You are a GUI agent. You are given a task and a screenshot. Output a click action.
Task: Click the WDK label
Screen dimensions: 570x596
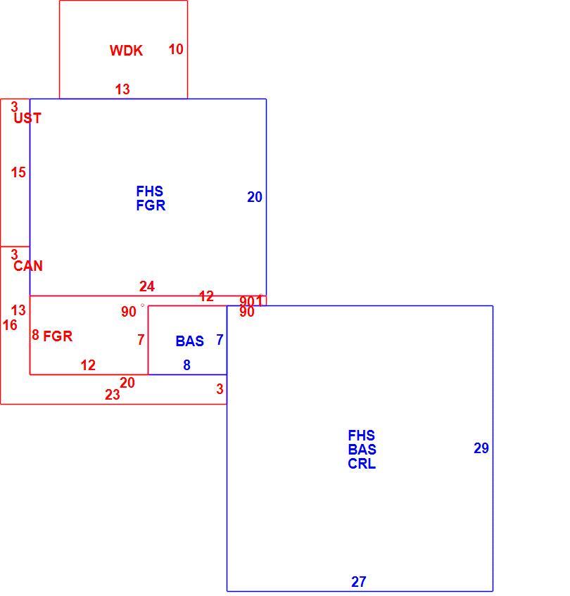point(126,51)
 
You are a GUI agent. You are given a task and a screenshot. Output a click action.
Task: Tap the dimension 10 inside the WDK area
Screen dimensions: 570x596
point(176,49)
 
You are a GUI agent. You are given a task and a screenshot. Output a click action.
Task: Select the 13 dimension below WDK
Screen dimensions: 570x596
point(122,89)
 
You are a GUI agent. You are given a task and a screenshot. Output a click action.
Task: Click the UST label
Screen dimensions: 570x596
point(27,118)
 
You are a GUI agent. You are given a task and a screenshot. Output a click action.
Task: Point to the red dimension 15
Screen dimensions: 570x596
point(18,172)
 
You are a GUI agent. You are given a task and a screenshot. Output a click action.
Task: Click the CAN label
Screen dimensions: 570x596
point(28,266)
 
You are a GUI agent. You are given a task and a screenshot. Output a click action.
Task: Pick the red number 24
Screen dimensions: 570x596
point(147,286)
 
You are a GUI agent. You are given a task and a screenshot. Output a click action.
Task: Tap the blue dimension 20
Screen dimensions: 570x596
point(255,197)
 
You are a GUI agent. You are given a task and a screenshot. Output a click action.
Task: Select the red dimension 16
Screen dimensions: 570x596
point(10,325)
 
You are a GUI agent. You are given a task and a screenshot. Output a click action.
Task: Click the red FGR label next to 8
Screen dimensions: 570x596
point(58,336)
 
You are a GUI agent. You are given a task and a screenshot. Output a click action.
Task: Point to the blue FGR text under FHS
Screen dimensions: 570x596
point(151,205)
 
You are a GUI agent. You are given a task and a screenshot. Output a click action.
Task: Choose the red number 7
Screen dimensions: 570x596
point(141,339)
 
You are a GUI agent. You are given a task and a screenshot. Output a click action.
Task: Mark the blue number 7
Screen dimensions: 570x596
point(220,339)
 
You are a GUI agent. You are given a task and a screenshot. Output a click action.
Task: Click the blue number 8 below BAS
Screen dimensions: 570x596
point(186,365)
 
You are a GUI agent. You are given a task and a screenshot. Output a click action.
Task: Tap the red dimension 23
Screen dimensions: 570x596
point(113,395)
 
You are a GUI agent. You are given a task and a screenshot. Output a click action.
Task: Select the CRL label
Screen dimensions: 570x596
point(362,464)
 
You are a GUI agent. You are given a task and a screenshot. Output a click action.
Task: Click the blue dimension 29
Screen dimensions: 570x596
point(481,448)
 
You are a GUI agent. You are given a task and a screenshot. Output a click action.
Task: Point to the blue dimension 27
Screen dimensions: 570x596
point(359,581)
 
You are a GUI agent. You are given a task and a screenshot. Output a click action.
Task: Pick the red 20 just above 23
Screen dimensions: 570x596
point(127,383)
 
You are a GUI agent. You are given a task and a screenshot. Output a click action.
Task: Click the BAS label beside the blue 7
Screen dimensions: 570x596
point(189,341)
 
